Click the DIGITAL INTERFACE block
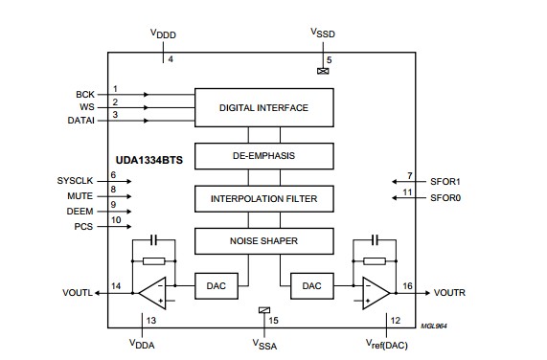pyautogui.click(x=263, y=107)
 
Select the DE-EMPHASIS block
pyautogui.click(x=263, y=154)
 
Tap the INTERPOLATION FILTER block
pyautogui.click(x=263, y=199)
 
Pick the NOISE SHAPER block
pyautogui.click(x=263, y=240)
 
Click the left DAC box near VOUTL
pyautogui.click(x=214, y=285)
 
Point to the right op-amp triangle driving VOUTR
pyautogui.click(x=375, y=290)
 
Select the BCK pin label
pyautogui.click(x=84, y=95)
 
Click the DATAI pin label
pyautogui.click(x=80, y=121)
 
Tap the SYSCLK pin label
pyautogui.click(x=76, y=180)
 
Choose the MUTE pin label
pyautogui.click(x=80, y=194)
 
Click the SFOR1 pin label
pyautogui.click(x=444, y=181)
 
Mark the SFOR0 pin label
pyautogui.click(x=444, y=197)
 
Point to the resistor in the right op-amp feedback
pyautogui.click(x=375, y=259)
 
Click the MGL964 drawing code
pyautogui.click(x=434, y=326)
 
